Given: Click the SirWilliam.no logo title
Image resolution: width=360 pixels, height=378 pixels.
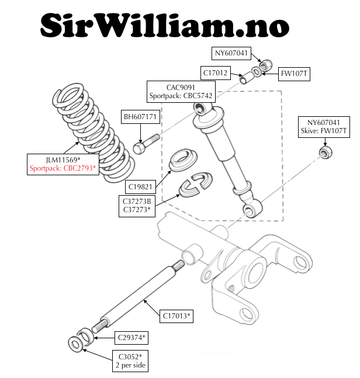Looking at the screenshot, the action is pyautogui.click(x=165, y=26).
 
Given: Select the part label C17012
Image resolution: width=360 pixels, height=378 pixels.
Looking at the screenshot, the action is pyautogui.click(x=215, y=73).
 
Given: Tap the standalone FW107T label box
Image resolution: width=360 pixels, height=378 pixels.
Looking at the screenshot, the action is pyautogui.click(x=294, y=74).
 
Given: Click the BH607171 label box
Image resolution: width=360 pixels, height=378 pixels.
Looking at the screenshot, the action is pyautogui.click(x=140, y=117).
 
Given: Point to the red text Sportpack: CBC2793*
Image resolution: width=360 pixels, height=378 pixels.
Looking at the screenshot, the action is pyautogui.click(x=63, y=168).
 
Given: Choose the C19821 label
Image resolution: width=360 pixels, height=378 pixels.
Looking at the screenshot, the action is pyautogui.click(x=140, y=187).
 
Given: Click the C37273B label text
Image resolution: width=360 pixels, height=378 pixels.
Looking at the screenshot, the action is pyautogui.click(x=137, y=202).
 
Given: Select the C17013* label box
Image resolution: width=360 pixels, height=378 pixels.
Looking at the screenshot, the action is pyautogui.click(x=176, y=316).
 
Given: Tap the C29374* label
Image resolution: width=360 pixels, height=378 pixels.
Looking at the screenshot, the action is pyautogui.click(x=131, y=338).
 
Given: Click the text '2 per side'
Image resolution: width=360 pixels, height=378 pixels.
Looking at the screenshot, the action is pyautogui.click(x=130, y=365).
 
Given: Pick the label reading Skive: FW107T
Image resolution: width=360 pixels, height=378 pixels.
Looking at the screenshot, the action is pyautogui.click(x=324, y=131).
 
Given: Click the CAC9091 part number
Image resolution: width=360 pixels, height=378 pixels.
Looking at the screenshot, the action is pyautogui.click(x=181, y=88).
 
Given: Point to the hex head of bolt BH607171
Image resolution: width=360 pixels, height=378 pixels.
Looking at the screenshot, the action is pyautogui.click(x=139, y=148).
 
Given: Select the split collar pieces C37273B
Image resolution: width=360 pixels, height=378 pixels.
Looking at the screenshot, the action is pyautogui.click(x=196, y=184).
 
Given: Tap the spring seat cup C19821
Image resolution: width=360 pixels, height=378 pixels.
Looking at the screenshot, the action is pyautogui.click(x=183, y=160).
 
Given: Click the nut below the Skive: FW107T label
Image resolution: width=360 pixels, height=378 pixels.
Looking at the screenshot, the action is pyautogui.click(x=326, y=152).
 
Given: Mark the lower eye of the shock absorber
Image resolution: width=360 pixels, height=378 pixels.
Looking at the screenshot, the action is pyautogui.click(x=252, y=209).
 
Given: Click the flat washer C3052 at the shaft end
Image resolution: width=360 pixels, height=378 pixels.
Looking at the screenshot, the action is pyautogui.click(x=76, y=344).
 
